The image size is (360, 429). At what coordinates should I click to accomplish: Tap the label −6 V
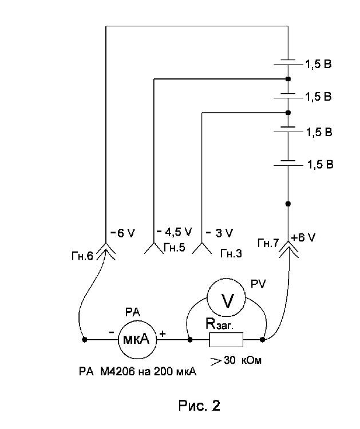tap(122, 233)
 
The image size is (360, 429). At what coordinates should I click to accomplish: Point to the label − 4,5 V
tap(175, 232)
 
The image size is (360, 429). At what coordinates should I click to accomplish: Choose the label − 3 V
tap(219, 233)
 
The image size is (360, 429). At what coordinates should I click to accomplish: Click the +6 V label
tap(303, 237)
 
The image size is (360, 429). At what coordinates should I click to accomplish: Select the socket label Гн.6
tap(82, 256)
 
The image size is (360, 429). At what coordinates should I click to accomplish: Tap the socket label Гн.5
tap(175, 247)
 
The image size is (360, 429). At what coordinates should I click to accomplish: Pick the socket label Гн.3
tap(231, 253)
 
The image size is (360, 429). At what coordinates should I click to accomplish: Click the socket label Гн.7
tap(268, 243)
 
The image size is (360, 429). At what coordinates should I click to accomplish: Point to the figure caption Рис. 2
tap(199, 405)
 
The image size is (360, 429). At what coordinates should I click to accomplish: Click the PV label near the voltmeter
tap(259, 284)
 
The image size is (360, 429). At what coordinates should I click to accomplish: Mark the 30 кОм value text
tap(243, 360)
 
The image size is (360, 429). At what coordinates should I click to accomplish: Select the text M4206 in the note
tap(117, 372)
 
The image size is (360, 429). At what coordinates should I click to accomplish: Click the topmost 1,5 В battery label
tap(318, 64)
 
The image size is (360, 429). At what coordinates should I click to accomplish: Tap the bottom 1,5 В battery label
tap(321, 164)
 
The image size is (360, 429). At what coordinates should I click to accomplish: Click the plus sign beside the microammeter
tap(163, 334)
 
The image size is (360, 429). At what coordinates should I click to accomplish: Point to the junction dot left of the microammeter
tap(85, 340)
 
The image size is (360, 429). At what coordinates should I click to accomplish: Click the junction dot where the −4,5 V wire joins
tap(288, 79)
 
